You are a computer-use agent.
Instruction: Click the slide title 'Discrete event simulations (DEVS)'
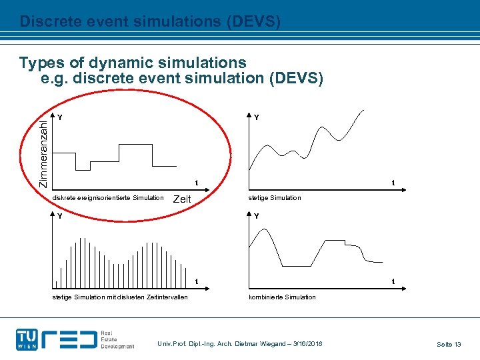click(150, 21)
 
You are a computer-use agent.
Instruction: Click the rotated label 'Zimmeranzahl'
click(43, 149)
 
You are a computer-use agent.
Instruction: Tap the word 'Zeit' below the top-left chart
click(182, 199)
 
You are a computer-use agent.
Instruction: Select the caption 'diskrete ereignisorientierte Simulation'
click(108, 197)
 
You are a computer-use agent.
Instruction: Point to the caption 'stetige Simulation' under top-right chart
click(275, 197)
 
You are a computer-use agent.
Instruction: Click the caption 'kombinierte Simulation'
click(282, 297)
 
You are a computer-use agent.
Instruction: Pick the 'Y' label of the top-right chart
click(256, 117)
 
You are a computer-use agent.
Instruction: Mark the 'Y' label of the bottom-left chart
click(60, 216)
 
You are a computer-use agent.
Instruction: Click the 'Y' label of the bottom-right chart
click(256, 216)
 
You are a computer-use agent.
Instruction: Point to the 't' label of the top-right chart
click(393, 184)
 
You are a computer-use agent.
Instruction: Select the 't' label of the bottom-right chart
click(393, 283)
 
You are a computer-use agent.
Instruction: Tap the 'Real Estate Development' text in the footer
click(117, 339)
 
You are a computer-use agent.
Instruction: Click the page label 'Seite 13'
click(449, 344)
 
